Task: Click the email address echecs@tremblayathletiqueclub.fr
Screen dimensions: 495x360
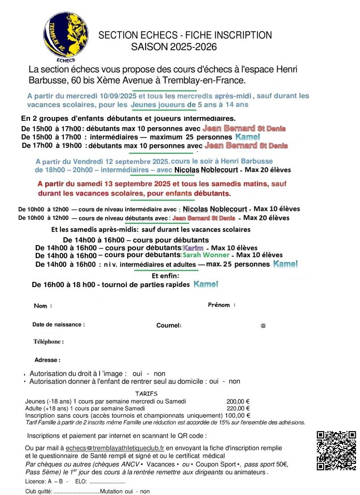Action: point(115,448)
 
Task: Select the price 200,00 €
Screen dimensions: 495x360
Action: point(238,401)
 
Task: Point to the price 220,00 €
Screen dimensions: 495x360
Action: point(238,408)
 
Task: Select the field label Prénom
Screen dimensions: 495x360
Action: point(221,305)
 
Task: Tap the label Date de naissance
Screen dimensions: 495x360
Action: point(58,325)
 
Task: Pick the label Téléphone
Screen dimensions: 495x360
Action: point(48,342)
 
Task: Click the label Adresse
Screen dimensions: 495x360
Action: point(47,360)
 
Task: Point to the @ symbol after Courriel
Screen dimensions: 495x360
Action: point(263,326)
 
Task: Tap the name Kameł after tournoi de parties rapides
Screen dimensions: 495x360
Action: point(206,284)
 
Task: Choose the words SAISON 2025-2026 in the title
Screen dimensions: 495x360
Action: point(174,47)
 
